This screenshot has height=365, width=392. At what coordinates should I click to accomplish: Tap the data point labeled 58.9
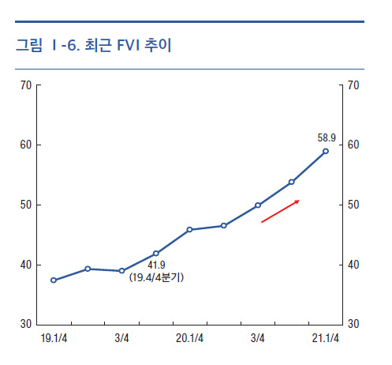[326, 151]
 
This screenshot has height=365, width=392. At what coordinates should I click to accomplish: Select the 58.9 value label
[326, 137]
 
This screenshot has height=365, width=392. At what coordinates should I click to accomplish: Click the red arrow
[280, 212]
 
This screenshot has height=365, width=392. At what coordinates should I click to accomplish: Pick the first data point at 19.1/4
[54, 280]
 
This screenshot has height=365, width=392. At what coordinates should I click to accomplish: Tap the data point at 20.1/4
[189, 230]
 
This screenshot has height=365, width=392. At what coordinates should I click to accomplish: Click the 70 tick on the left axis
[27, 85]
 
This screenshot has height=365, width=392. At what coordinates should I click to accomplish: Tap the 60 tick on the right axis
[353, 145]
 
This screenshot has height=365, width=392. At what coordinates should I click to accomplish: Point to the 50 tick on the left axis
[27, 205]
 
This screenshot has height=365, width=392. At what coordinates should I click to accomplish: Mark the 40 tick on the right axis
[353, 265]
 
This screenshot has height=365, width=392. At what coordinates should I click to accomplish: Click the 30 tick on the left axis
[27, 325]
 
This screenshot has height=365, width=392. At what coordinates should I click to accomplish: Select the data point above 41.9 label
[155, 254]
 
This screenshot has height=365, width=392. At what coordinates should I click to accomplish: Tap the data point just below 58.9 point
[292, 182]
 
